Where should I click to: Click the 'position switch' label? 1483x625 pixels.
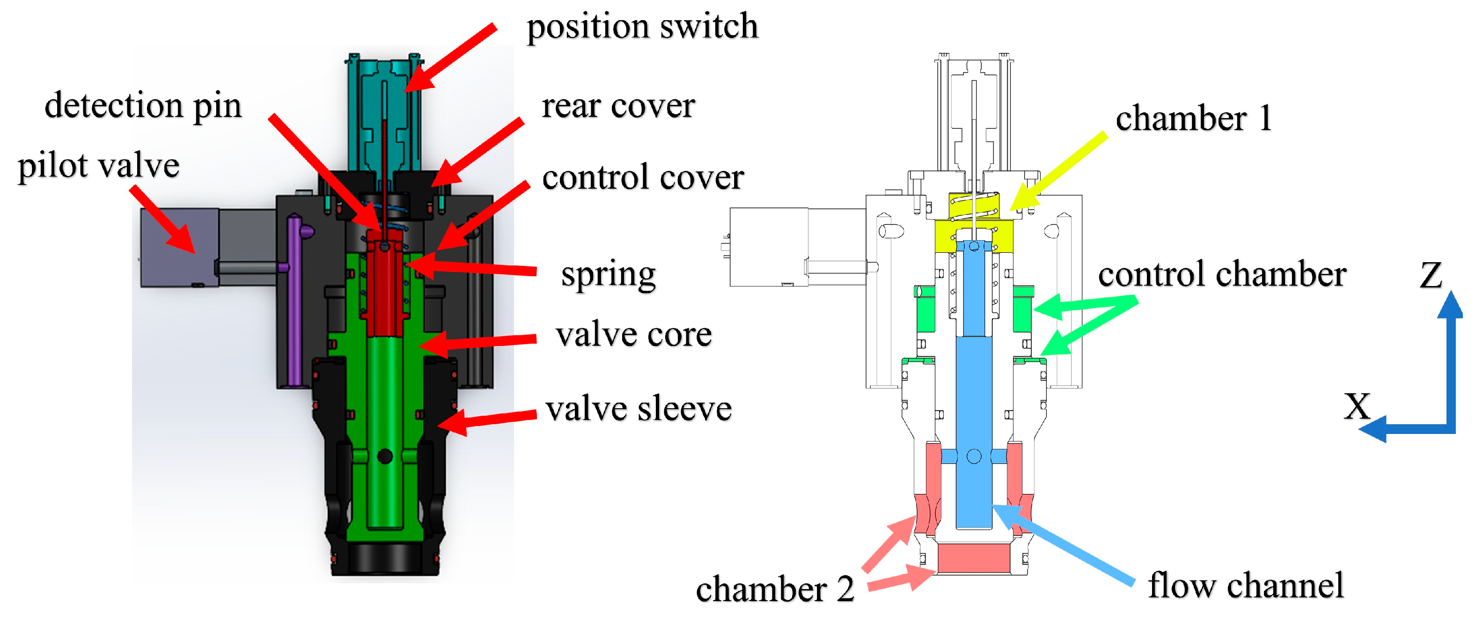642,27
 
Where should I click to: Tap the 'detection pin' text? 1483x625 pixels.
143,106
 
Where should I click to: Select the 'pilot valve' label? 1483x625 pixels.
98,166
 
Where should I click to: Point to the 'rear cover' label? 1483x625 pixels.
618,106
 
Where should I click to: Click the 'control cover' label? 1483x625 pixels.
642,177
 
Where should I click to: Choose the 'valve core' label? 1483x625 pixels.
633,335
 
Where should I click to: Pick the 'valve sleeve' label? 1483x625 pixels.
639,409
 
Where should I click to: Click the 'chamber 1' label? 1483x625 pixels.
1193,119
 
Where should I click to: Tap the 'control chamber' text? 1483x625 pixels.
1222,274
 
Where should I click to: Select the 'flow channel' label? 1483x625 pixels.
1245,585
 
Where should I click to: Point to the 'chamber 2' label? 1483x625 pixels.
775,589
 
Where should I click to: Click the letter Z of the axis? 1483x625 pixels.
1431,275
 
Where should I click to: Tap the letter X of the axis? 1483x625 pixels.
1358,406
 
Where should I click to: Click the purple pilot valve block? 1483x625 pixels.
178,248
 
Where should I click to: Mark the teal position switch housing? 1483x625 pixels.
385,115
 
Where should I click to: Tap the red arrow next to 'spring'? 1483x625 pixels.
472,268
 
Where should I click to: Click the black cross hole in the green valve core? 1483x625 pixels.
385,457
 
